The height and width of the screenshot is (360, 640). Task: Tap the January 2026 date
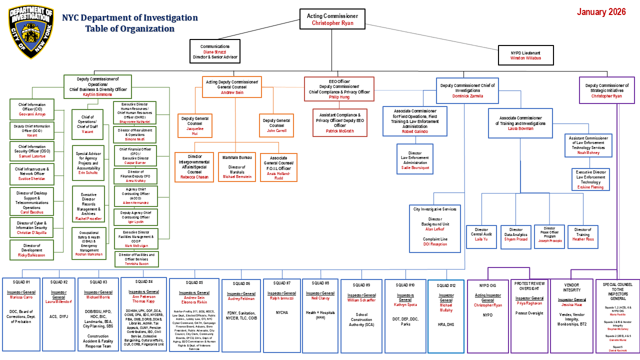pos(601,12)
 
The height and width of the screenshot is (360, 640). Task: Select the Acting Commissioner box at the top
pos(332,19)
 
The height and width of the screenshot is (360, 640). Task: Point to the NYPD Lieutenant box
pos(525,55)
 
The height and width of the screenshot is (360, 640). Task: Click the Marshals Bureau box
pos(237,167)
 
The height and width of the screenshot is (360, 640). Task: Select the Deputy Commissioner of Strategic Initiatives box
pos(606,90)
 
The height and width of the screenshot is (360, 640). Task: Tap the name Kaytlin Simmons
pos(97,94)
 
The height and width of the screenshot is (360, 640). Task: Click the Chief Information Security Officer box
pos(31,151)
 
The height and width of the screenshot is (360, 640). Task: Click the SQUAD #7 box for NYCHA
pos(281,315)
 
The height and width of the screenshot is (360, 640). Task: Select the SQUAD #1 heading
pos(21,282)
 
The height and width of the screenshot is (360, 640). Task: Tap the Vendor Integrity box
pos(571,315)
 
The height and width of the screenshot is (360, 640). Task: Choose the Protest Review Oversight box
pos(529,315)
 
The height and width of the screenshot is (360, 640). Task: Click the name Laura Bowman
pos(520,128)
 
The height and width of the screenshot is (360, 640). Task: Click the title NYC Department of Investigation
pos(129,18)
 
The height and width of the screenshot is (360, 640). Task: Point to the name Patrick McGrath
pos(339,131)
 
